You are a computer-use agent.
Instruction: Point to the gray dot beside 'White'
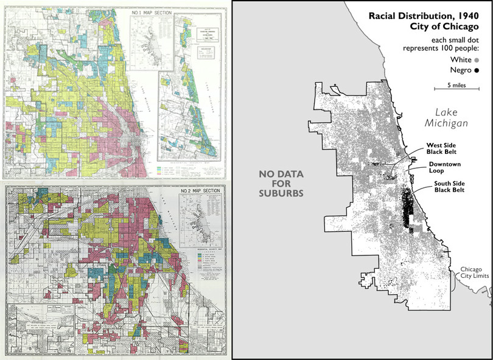pyautogui.click(x=477, y=60)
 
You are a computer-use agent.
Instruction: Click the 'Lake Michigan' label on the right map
pyautogui.click(x=446, y=117)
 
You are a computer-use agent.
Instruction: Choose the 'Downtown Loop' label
pyautogui.click(x=444, y=168)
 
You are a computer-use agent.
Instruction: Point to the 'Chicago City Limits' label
pyautogui.click(x=472, y=274)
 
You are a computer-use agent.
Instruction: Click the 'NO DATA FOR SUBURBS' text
pyautogui.click(x=282, y=183)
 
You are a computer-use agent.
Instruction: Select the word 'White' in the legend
pyautogui.click(x=461, y=60)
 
